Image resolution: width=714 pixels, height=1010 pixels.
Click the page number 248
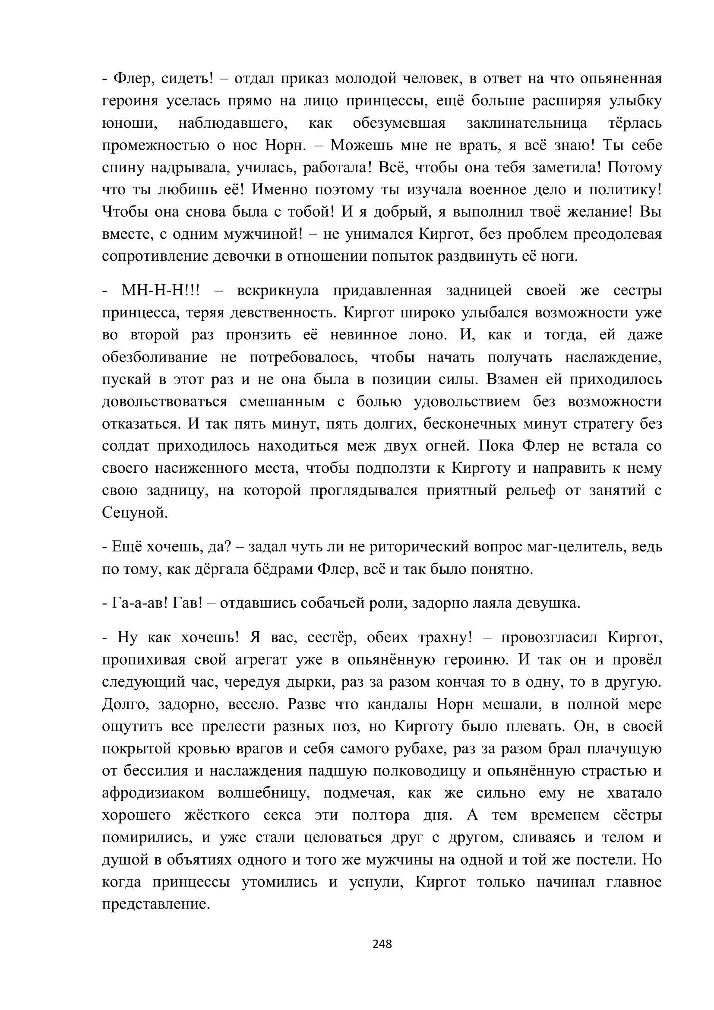[382, 944]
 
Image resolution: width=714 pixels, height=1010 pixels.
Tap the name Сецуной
[135, 513]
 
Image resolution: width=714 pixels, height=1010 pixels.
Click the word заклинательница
[527, 123]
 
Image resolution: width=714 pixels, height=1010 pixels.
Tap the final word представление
[156, 904]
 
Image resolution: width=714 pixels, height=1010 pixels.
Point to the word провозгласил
[549, 637]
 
